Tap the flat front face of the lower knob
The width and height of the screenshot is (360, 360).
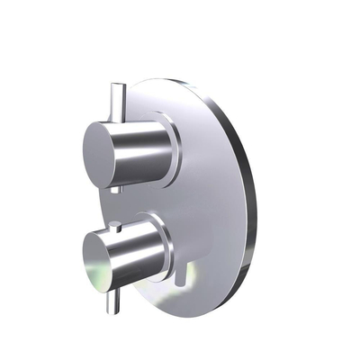100,259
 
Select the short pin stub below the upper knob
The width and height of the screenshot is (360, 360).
116,187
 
